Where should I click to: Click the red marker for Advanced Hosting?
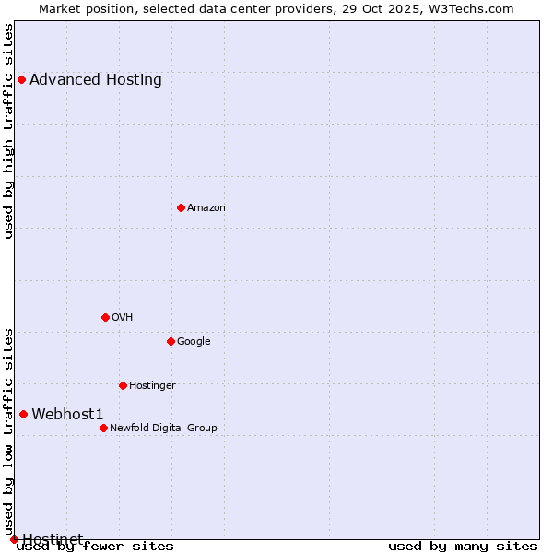coord(21,79)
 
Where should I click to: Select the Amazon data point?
coord(181,207)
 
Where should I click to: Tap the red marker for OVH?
coord(105,317)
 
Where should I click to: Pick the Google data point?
coord(171,341)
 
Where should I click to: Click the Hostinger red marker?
coord(123,385)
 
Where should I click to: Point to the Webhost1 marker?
coord(23,414)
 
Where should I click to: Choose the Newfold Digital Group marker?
coord(103,428)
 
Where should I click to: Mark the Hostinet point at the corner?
coord(14,539)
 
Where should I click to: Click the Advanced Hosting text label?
coord(96,79)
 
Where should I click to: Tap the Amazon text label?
coord(206,207)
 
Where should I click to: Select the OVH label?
coord(123,317)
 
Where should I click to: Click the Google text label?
coord(194,341)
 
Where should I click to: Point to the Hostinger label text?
coord(152,385)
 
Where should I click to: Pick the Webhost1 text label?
coord(67,414)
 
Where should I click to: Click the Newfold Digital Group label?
coord(163,428)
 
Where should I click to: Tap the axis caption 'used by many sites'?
coord(463,546)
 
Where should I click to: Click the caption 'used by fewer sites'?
coord(96,546)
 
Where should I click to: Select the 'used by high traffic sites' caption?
coord(9,131)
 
